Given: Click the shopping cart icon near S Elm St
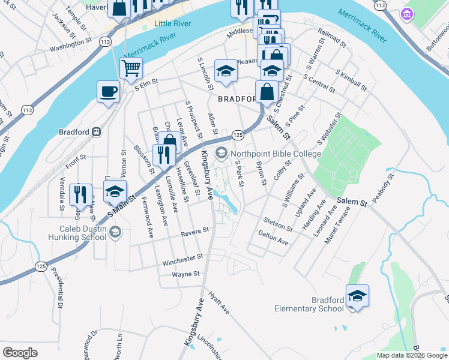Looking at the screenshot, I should click(131, 68).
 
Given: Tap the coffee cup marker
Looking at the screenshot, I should click(109, 92).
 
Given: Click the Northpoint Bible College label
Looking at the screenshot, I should click(266, 154).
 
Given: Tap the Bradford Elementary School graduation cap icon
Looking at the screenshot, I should click(357, 296).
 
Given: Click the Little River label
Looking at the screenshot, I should click(173, 23).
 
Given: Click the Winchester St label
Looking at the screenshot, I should click(182, 259).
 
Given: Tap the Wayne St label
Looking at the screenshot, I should click(185, 274).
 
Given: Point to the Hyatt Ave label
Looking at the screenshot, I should click(219, 304).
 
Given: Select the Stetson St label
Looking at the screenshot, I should click(277, 224).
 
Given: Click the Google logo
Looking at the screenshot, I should click(20, 353).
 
